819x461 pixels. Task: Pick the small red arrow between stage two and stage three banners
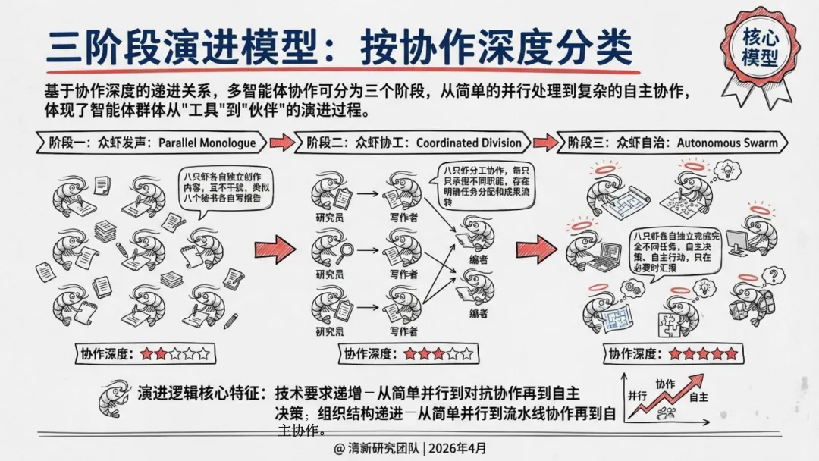tap(544, 142)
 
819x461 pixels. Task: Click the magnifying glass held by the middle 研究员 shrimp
tap(348, 252)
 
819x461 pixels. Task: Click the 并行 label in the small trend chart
tap(637, 396)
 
